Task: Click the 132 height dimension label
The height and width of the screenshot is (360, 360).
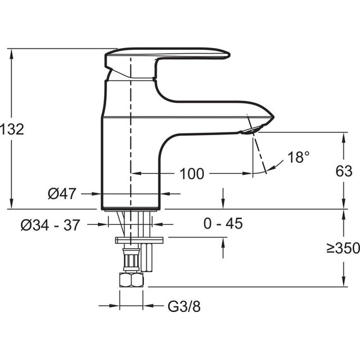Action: pos(12,129)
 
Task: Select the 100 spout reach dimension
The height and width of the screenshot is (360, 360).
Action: pos(192,174)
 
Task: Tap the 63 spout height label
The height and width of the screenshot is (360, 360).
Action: pos(344,171)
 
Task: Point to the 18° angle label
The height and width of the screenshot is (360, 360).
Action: pos(298,157)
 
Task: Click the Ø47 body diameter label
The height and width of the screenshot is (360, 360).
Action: pos(62,193)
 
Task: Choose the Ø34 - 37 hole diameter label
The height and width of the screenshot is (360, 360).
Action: pos(51,225)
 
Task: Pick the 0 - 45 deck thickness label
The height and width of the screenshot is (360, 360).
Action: pos(223,224)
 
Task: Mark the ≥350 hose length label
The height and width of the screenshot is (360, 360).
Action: pos(343,248)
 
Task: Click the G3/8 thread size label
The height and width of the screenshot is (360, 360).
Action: pos(184,306)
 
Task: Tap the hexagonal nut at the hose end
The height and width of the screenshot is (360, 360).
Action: pos(131,280)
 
